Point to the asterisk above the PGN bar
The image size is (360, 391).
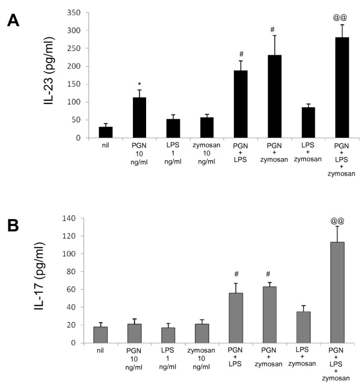point(139,84)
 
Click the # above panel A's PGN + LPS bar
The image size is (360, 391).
point(241,54)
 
